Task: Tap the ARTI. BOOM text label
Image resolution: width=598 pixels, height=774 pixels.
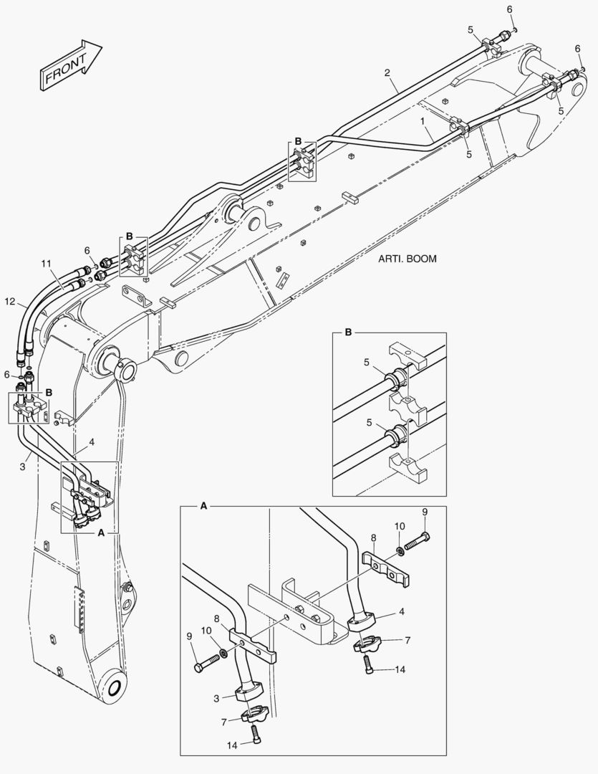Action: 407,259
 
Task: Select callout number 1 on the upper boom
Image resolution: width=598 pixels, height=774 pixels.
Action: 425,121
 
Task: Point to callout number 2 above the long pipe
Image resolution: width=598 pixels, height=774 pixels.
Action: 387,72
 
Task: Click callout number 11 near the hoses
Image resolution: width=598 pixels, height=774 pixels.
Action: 47,264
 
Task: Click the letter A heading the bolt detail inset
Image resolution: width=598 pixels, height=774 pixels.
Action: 203,506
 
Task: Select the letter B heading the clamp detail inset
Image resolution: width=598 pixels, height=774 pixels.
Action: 348,332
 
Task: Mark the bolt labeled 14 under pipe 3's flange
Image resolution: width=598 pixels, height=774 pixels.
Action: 256,733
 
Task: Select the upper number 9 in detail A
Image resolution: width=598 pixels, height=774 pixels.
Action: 424,512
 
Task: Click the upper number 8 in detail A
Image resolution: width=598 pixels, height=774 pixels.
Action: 372,537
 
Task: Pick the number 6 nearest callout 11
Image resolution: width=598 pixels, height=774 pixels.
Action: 87,250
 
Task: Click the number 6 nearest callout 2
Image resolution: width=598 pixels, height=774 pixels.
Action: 510,9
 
